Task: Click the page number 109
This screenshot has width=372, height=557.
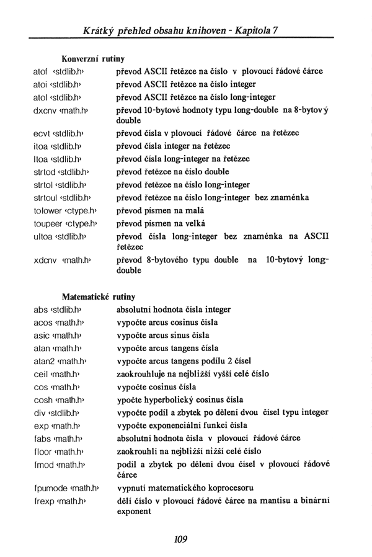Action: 180,539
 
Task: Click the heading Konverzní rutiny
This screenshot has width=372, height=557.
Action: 93,59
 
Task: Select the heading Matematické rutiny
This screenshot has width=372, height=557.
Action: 99,297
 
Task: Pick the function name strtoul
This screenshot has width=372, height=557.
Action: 45,197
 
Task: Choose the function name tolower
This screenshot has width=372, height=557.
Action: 46,210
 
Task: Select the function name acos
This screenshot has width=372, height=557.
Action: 43,323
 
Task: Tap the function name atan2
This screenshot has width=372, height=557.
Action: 45,361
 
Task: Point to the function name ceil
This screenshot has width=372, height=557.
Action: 40,374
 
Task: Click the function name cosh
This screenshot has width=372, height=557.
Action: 43,399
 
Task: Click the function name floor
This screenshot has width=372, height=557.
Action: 43,451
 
